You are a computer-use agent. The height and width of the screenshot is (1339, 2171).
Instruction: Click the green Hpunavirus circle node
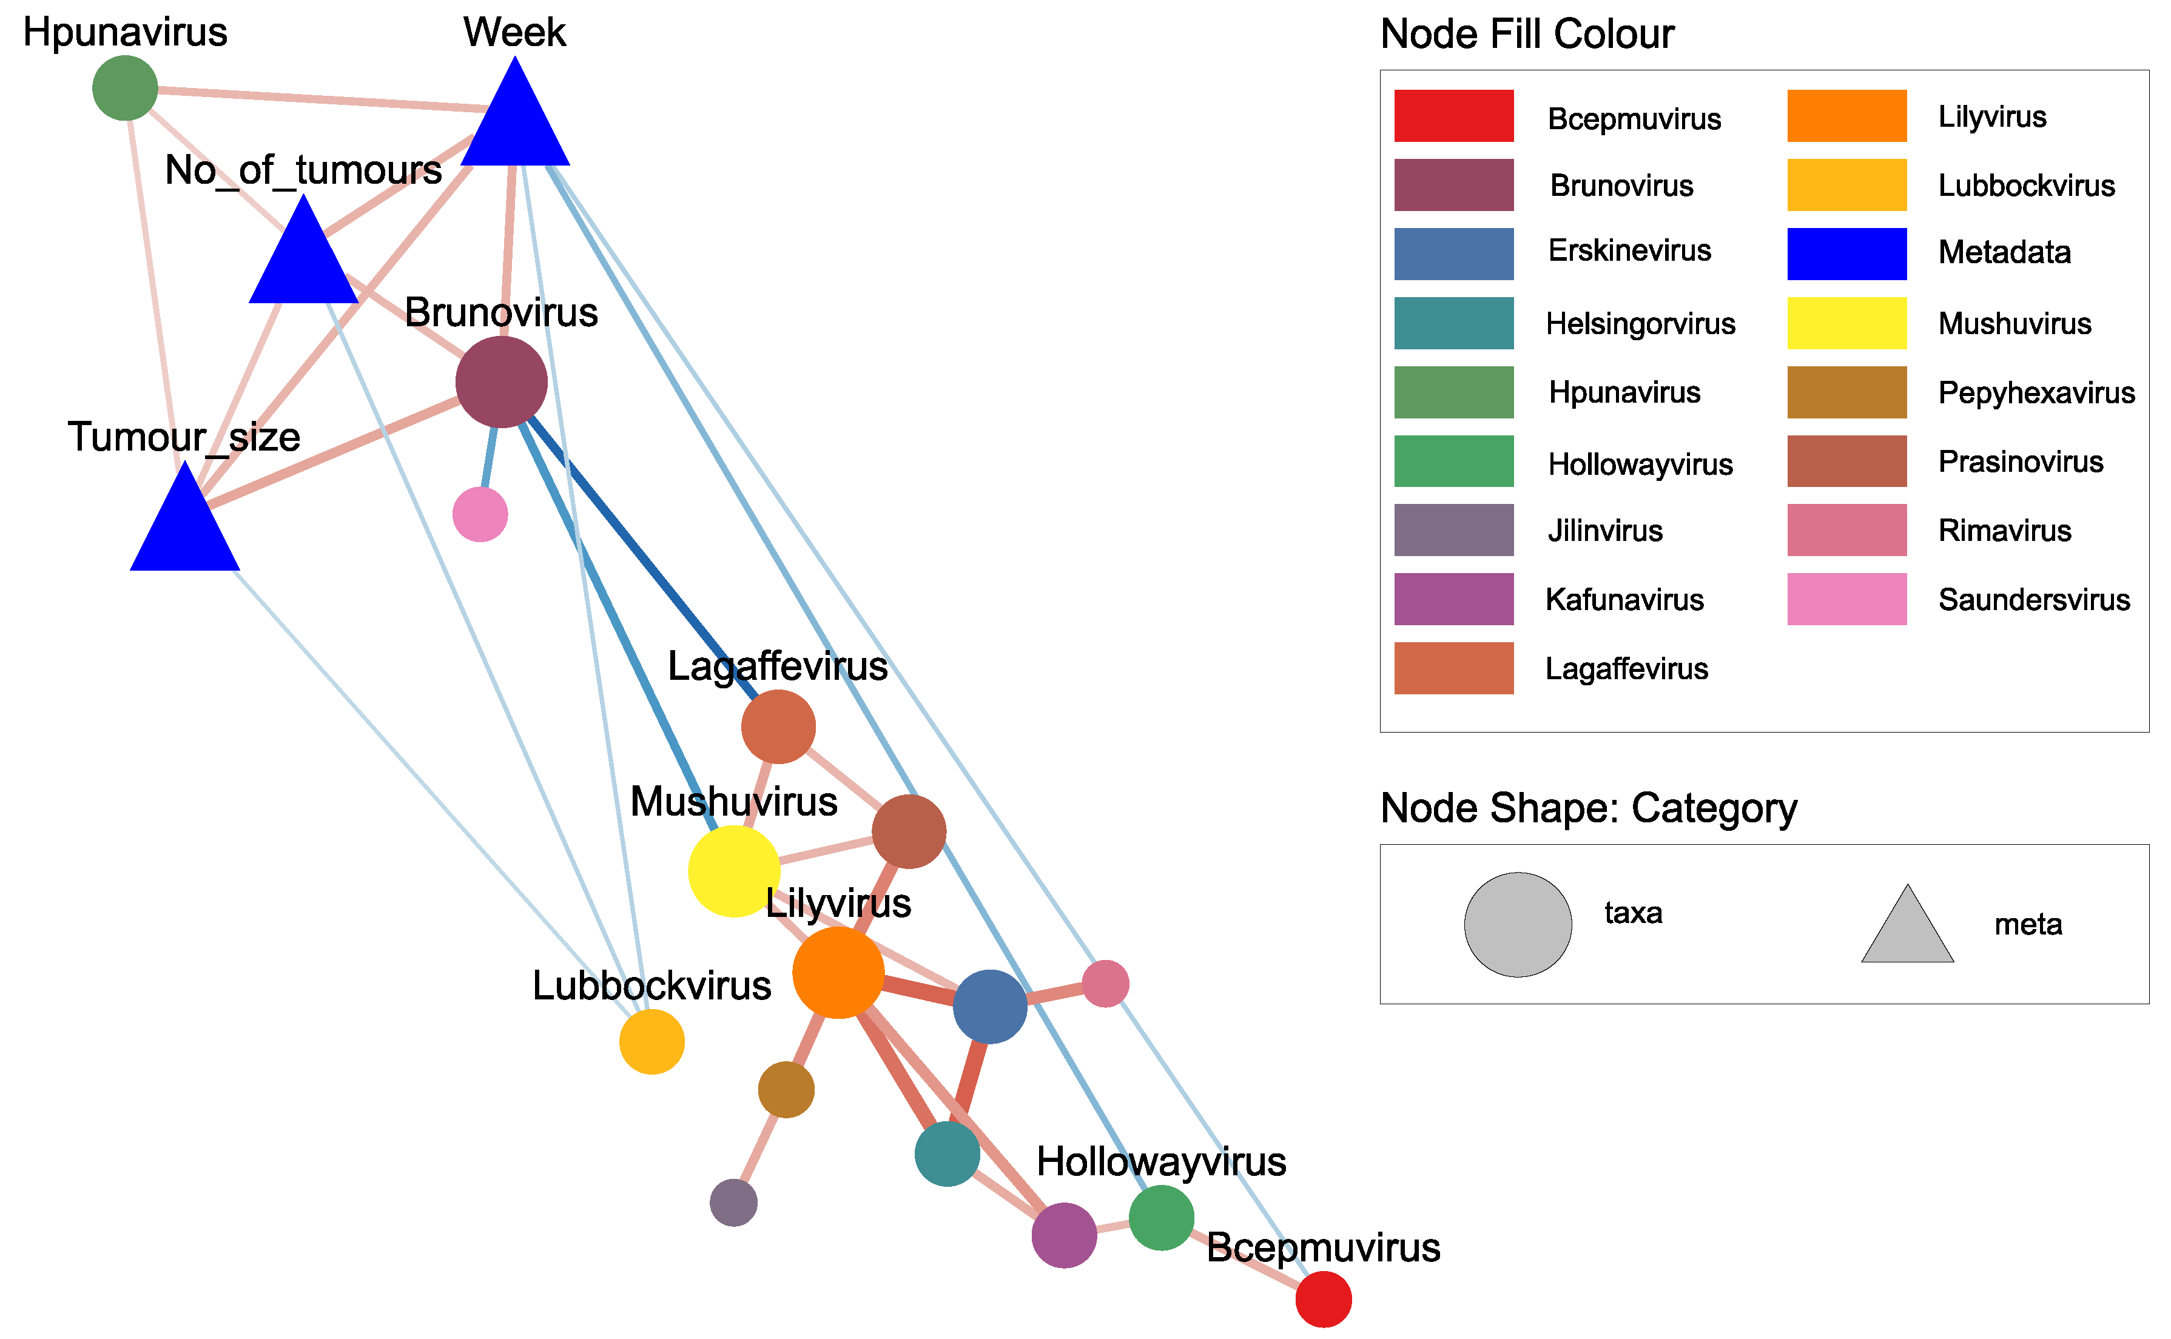pyautogui.click(x=125, y=88)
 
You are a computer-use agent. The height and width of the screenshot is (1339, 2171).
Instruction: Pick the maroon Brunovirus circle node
pyautogui.click(x=501, y=381)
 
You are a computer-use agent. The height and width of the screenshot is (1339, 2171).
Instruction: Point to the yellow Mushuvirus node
pyautogui.click(x=733, y=870)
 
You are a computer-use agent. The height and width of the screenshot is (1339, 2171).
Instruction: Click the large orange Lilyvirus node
pyautogui.click(x=838, y=972)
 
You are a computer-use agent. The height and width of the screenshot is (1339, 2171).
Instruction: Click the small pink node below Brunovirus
pyautogui.click(x=480, y=514)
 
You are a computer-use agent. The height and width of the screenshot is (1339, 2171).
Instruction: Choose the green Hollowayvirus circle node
pyautogui.click(x=1161, y=1218)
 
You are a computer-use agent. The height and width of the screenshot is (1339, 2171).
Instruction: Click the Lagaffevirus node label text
pyautogui.click(x=777, y=666)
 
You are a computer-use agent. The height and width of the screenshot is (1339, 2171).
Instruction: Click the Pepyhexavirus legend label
pyautogui.click(x=2036, y=392)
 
